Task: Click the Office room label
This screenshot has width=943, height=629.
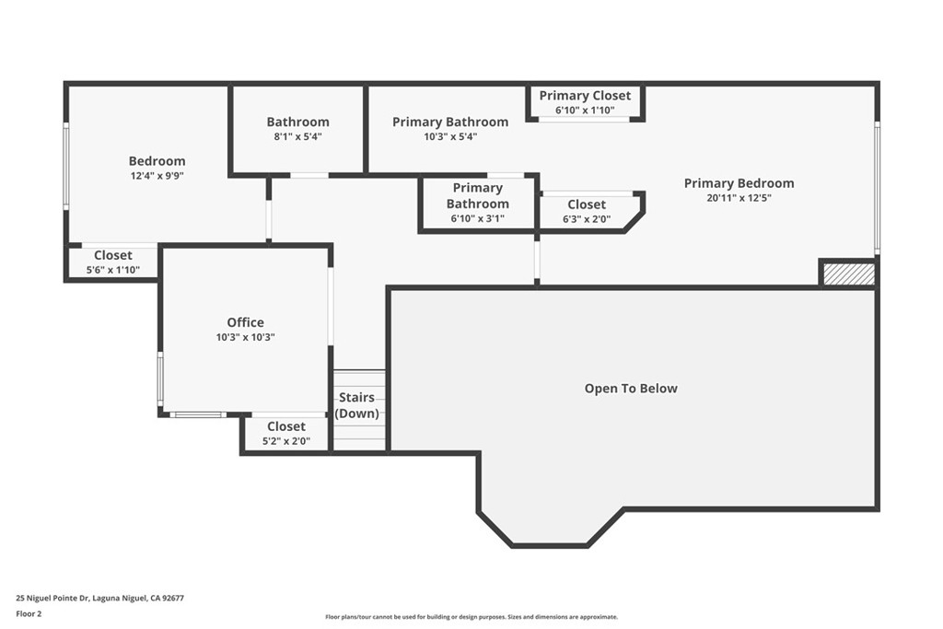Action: [245, 322]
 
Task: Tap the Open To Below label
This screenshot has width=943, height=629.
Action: [631, 389]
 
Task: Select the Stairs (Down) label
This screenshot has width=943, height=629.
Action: [356, 405]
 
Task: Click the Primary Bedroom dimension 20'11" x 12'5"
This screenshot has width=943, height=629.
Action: [739, 198]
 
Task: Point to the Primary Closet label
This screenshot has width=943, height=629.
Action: [585, 96]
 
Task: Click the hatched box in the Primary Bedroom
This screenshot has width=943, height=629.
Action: [848, 274]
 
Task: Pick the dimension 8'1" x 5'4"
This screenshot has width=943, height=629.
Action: [297, 136]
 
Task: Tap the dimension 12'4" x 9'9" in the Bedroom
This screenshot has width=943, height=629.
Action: [157, 176]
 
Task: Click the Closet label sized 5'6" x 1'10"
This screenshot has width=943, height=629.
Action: [113, 255]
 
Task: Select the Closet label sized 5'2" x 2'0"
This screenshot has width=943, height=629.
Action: [286, 426]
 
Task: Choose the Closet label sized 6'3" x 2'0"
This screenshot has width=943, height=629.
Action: [587, 204]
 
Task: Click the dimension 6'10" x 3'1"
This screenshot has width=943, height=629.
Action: [478, 219]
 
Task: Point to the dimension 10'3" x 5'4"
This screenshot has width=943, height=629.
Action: [450, 136]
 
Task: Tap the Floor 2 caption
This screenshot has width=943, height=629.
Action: [29, 614]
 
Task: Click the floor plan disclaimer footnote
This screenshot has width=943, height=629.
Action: [471, 617]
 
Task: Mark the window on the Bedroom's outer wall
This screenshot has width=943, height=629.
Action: [66, 166]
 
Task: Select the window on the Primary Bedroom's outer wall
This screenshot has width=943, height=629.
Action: [877, 187]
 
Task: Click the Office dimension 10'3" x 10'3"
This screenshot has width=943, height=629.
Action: [245, 338]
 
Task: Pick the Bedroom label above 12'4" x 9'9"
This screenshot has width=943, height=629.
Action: [157, 161]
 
